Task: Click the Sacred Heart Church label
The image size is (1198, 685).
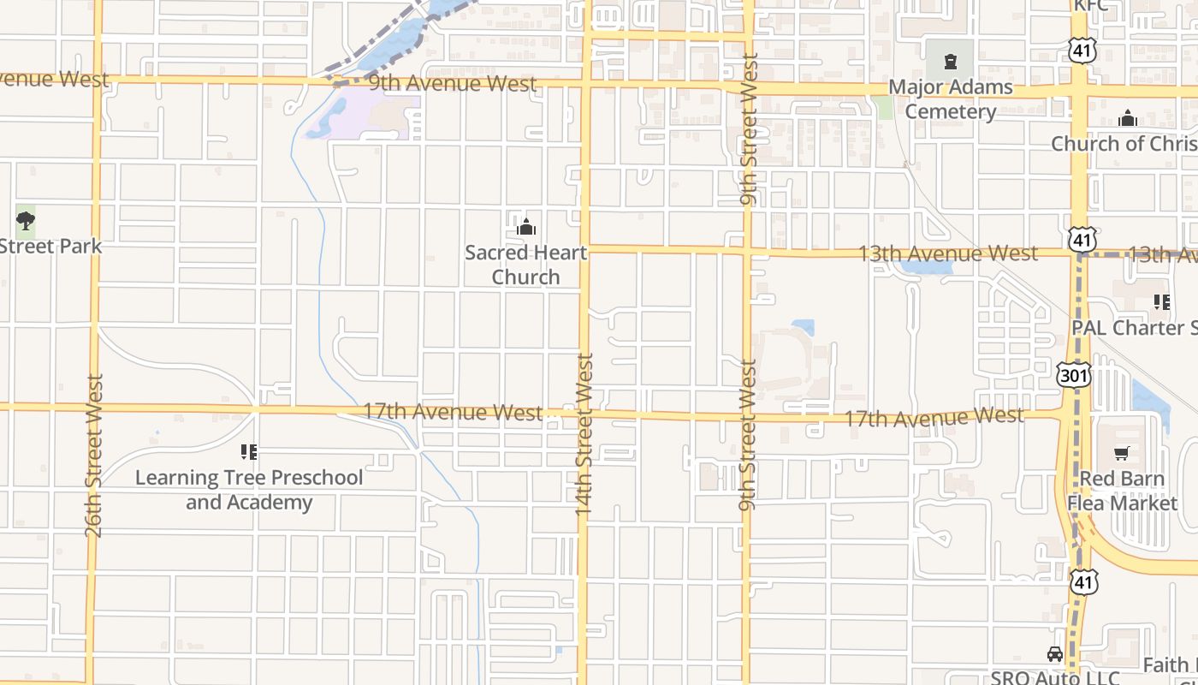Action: (x=525, y=265)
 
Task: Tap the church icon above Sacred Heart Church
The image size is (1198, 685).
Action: (x=525, y=227)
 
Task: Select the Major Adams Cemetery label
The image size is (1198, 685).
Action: (x=950, y=99)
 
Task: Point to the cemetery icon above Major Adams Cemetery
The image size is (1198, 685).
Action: (x=950, y=62)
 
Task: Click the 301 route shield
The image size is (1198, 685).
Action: (x=1073, y=375)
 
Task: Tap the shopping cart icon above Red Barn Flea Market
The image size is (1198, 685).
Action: (x=1122, y=453)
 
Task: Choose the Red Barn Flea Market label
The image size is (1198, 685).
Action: (x=1122, y=491)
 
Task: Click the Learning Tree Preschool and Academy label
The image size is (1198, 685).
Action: (x=249, y=490)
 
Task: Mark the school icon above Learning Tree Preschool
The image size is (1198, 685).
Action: (x=249, y=451)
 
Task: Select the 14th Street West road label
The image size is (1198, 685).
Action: (x=584, y=434)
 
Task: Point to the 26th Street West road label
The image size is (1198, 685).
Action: (x=93, y=455)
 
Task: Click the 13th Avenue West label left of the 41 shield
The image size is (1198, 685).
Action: (x=947, y=253)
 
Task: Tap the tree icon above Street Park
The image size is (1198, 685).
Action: (x=26, y=221)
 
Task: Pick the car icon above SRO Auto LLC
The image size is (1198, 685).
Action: (x=1054, y=654)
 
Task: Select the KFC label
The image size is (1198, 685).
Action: (x=1090, y=5)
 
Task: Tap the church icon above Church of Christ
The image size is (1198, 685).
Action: (x=1128, y=118)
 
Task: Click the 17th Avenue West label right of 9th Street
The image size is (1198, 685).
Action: (x=934, y=418)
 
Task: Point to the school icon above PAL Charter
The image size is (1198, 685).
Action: (x=1162, y=301)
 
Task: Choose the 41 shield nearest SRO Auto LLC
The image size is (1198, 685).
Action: (x=1083, y=582)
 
